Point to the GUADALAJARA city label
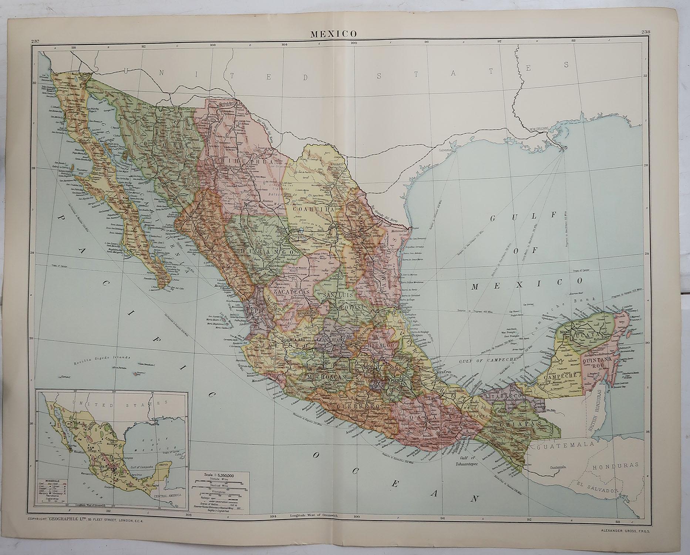click(293, 340)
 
